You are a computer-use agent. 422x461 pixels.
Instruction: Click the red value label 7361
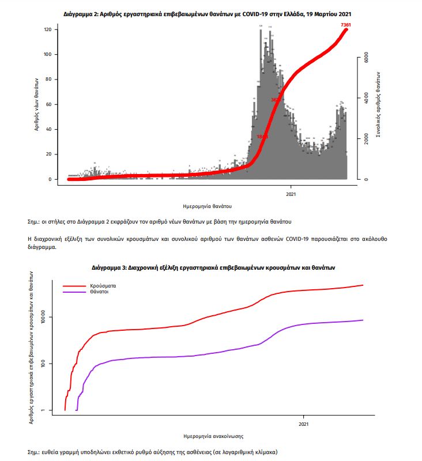coord(346,25)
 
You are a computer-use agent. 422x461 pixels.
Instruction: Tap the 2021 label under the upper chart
coord(291,193)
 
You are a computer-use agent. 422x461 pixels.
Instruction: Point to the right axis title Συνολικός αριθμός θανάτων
coord(378,104)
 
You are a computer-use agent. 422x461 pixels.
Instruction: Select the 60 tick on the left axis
coord(49,104)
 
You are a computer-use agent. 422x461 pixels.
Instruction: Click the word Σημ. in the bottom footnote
coord(34,452)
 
